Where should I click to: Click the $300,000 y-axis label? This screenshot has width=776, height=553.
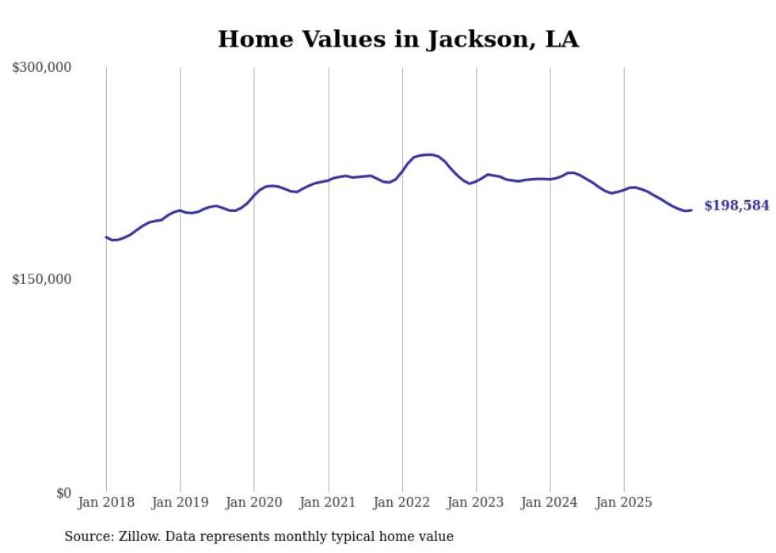coord(41,68)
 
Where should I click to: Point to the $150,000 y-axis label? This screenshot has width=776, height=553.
coord(41,279)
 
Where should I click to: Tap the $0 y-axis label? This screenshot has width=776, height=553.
coord(63,493)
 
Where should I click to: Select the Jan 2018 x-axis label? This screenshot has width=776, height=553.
coord(106,502)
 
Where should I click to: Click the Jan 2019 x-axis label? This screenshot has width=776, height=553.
coord(180,502)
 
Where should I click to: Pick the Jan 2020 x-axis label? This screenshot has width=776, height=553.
coord(254,502)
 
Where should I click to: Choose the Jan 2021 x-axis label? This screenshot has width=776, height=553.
coord(328,502)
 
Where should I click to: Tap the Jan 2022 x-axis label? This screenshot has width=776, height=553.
coord(402,502)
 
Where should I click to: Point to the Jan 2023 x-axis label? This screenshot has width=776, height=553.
coord(476,502)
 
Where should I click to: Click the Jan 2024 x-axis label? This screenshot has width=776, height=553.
coord(550,502)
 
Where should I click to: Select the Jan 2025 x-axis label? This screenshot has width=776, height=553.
coord(624,502)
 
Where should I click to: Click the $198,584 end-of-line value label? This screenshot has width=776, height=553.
coord(736,206)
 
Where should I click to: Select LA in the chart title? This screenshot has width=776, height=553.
coord(561,40)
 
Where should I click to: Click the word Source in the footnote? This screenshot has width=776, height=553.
coord(87,536)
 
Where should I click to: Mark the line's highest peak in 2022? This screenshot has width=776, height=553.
coord(428,154)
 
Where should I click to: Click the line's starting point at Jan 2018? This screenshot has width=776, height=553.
coord(106,237)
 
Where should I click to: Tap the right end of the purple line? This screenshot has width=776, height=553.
coord(691,210)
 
